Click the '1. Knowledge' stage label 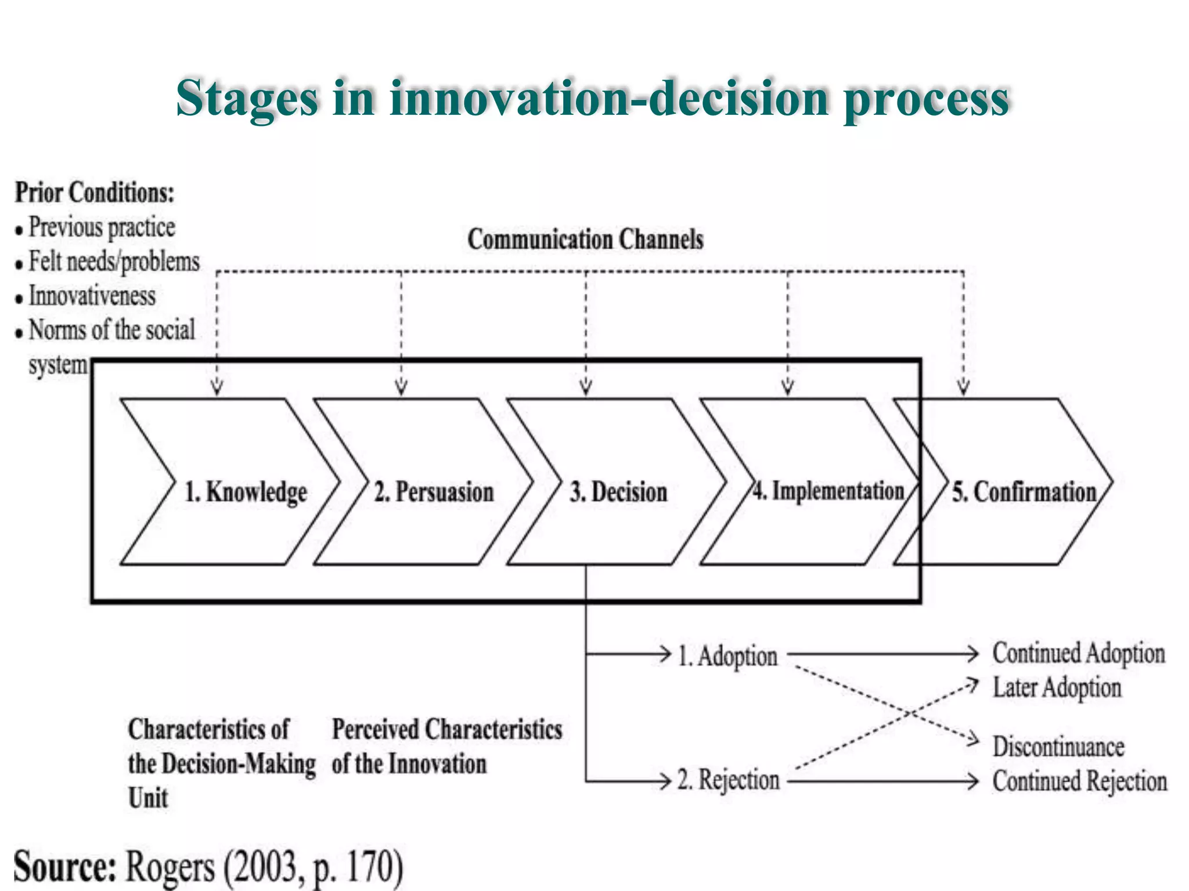(x=246, y=492)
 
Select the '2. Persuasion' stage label (x=434, y=492)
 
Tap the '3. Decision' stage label (x=618, y=492)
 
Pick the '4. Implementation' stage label (x=828, y=491)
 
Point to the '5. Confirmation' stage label (x=1024, y=492)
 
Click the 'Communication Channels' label (x=585, y=239)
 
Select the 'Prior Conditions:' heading (x=95, y=193)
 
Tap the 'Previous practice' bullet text (x=102, y=227)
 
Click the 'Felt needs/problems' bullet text (x=114, y=262)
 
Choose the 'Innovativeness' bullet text (x=92, y=296)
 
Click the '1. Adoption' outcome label (x=727, y=657)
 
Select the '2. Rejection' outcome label (x=728, y=780)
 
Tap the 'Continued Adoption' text (x=1079, y=653)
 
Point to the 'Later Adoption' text (x=1057, y=688)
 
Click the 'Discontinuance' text (x=1058, y=747)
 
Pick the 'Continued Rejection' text (x=1079, y=781)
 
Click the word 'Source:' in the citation (x=65, y=867)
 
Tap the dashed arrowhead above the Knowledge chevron (x=217, y=386)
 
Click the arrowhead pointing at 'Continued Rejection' (x=973, y=781)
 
